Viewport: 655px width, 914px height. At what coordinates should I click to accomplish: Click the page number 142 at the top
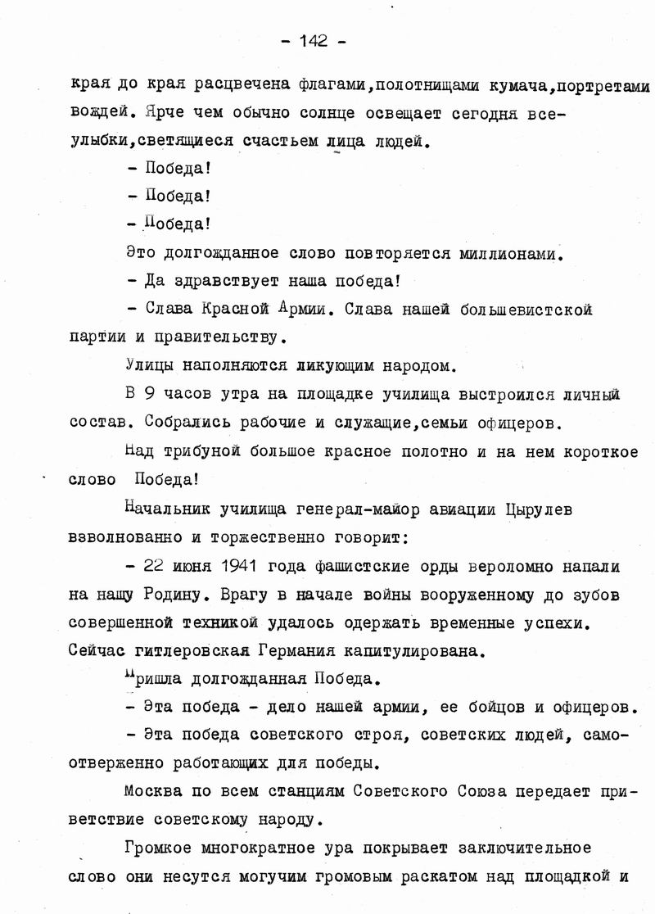314,41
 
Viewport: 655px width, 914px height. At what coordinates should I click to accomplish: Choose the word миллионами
509,254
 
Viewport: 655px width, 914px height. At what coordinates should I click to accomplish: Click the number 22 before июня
154,566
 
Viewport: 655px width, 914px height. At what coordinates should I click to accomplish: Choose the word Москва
153,790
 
